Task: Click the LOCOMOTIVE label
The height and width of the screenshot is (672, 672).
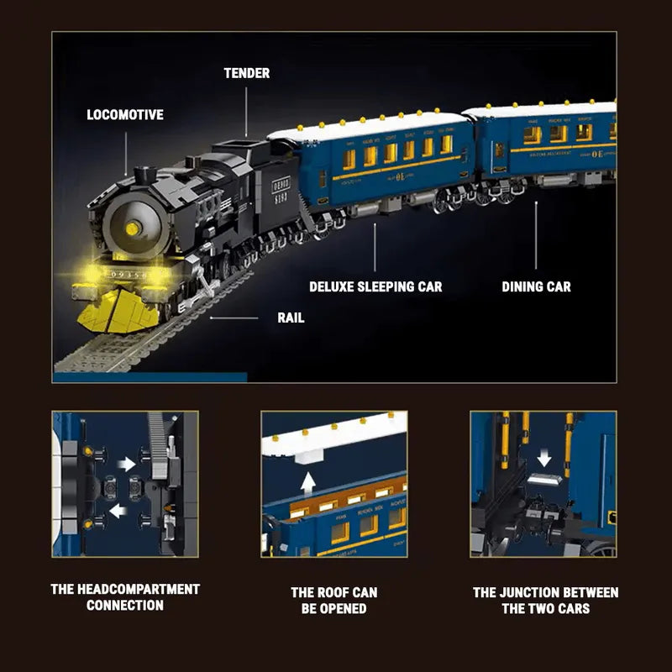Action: pyautogui.click(x=125, y=114)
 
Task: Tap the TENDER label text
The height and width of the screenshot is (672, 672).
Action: pyautogui.click(x=246, y=73)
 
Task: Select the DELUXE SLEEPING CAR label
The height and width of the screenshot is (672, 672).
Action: pyautogui.click(x=375, y=286)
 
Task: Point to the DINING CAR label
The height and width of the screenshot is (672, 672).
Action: pyautogui.click(x=536, y=286)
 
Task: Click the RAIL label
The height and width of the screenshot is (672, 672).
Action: pyautogui.click(x=291, y=318)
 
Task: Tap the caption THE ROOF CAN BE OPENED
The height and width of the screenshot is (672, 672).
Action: pyautogui.click(x=333, y=600)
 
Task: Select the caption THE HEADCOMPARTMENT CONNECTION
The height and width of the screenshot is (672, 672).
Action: pyautogui.click(x=125, y=597)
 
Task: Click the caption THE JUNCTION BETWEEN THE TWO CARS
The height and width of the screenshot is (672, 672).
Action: pyautogui.click(x=545, y=600)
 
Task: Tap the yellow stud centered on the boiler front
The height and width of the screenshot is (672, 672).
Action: pyautogui.click(x=132, y=228)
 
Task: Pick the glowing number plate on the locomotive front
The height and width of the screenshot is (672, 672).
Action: pyautogui.click(x=126, y=275)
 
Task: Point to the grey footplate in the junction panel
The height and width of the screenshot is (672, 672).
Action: pyautogui.click(x=544, y=479)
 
